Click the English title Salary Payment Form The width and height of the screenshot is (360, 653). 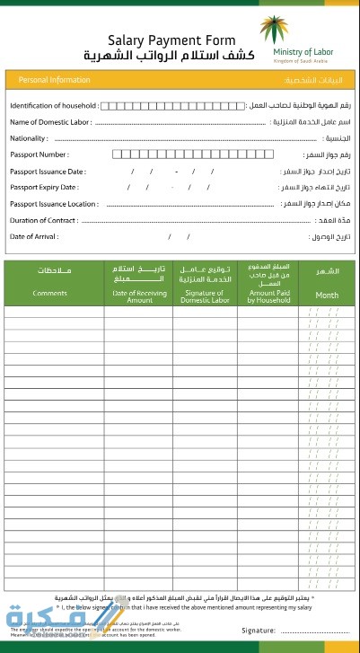pos(171,40)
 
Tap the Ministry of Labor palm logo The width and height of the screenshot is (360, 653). pos(271,30)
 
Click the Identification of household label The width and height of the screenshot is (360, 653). pos(54,106)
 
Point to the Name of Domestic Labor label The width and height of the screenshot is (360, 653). pos(50,122)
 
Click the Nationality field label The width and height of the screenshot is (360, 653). pos(29,138)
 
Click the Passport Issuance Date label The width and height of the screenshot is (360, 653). pos(48,171)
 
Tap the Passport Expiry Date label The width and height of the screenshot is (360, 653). pos(44,187)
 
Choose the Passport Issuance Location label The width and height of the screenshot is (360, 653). pos(54,204)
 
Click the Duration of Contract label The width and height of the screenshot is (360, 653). pos(43,220)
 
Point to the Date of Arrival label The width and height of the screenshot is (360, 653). pos(34,236)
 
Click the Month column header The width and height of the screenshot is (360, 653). pos(327,295)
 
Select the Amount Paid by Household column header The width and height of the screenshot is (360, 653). pos(269,296)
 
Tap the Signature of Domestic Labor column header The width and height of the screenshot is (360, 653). pos(207,296)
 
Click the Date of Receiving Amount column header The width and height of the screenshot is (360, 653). pos(139,296)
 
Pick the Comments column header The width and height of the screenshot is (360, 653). pos(50,294)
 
